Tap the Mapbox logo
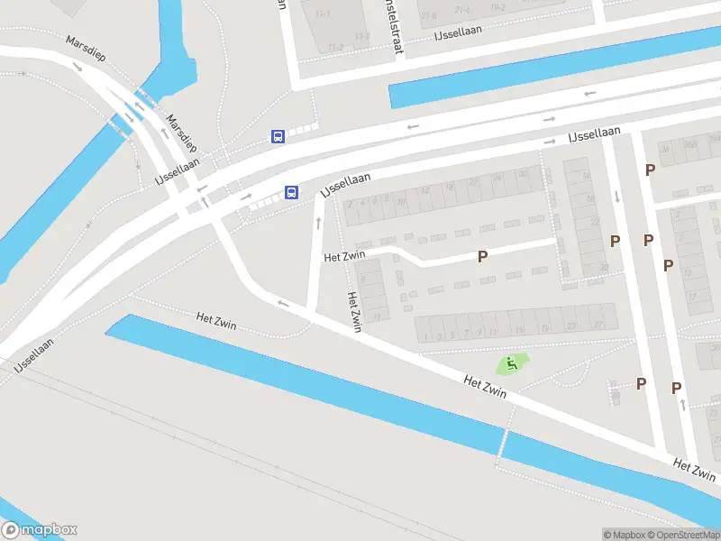(x=39, y=530)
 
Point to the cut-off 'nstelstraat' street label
(x=395, y=27)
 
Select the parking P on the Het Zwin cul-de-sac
(x=482, y=257)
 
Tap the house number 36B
(x=690, y=143)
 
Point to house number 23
(x=571, y=326)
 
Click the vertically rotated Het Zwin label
(x=354, y=312)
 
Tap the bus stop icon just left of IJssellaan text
(x=291, y=192)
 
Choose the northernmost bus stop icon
(x=278, y=136)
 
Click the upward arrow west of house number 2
(x=318, y=221)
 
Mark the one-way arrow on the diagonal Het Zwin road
(x=284, y=303)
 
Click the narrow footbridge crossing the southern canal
(x=502, y=447)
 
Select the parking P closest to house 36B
(x=649, y=169)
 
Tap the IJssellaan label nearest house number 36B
(x=594, y=134)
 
